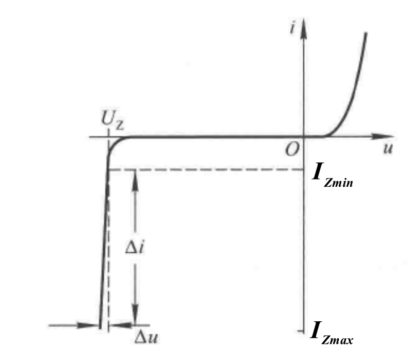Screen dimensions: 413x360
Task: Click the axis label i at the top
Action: pos(292,28)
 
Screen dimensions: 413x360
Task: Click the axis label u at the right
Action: pos(388,149)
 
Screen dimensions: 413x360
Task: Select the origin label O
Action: pos(292,150)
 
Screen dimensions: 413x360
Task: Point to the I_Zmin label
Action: pos(332,175)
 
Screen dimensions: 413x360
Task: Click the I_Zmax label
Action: pos(332,333)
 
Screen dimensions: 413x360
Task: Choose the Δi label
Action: pos(135,248)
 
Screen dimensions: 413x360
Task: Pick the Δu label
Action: pos(146,337)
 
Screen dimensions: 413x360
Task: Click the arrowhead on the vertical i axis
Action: pos(304,28)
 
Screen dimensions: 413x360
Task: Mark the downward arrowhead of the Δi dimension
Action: pos(135,315)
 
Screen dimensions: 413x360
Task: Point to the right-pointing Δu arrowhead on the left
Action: pos(88,325)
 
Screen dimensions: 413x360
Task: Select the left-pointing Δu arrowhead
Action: pos(120,325)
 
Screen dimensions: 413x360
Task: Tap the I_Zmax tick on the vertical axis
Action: pos(301,331)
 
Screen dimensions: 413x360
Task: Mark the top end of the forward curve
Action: pos(366,32)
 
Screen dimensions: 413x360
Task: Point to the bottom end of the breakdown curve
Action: pos(100,328)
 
